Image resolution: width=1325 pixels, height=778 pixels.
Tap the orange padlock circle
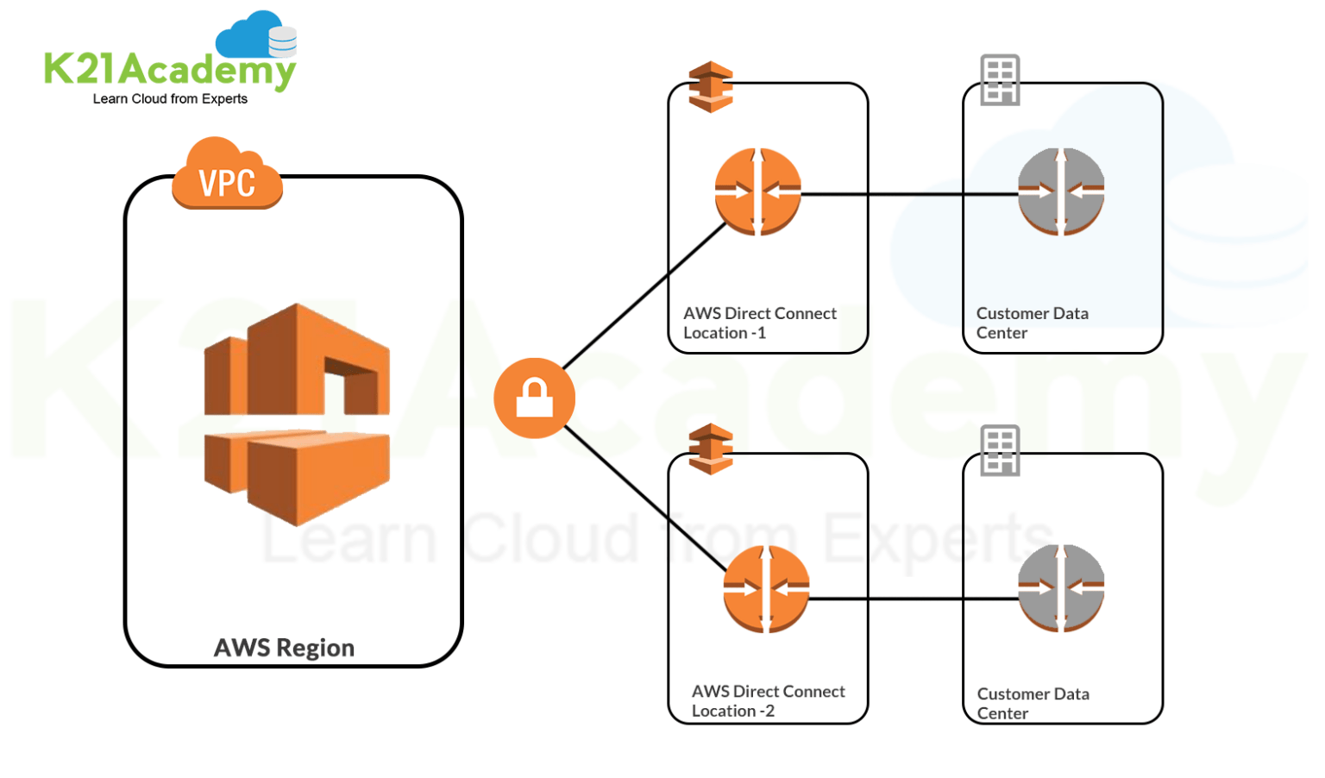(x=534, y=398)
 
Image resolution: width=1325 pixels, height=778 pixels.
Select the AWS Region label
(x=284, y=648)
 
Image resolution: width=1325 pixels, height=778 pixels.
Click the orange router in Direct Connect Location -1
(x=757, y=191)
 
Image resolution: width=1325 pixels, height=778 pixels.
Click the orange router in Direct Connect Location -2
(x=766, y=589)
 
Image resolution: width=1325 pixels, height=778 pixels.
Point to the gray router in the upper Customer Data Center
(x=1061, y=191)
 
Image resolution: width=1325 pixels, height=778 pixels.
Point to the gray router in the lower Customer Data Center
(x=1061, y=588)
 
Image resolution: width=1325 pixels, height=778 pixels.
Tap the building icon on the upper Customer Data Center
(x=1000, y=80)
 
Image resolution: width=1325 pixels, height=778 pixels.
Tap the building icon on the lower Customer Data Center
(x=1000, y=450)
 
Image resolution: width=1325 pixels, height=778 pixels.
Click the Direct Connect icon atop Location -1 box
(x=711, y=86)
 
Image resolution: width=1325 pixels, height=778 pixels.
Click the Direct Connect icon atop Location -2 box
(x=711, y=449)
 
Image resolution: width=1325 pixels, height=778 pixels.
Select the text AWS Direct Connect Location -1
(x=759, y=323)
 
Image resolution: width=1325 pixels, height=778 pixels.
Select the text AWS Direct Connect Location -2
(x=768, y=701)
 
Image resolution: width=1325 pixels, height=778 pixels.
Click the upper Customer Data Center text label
(x=1032, y=323)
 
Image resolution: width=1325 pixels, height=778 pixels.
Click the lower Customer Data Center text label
(x=1033, y=703)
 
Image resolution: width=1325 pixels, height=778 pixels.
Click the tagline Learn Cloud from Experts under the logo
(x=170, y=99)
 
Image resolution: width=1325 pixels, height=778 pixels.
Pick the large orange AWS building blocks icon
(x=297, y=414)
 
